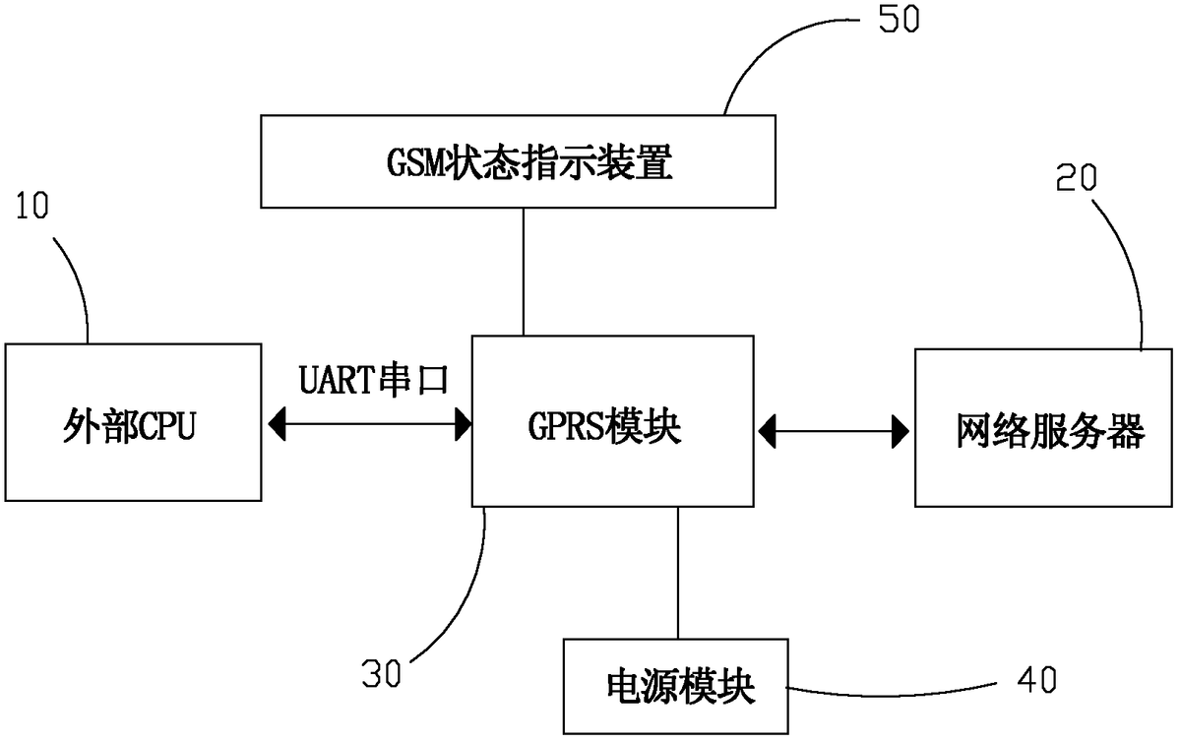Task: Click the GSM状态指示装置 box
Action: pyautogui.click(x=523, y=161)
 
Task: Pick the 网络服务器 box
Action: pyautogui.click(x=1043, y=428)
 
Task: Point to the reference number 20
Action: pyautogui.click(x=1079, y=177)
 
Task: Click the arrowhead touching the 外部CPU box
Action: pyautogui.click(x=277, y=425)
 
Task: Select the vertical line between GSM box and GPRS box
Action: pyautogui.click(x=523, y=272)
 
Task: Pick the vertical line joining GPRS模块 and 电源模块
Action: pyautogui.click(x=678, y=572)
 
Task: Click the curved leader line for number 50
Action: pyautogui.click(x=777, y=49)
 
